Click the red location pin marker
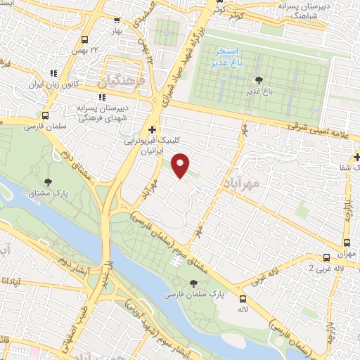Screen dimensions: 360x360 181,165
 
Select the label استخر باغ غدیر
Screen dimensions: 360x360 226,57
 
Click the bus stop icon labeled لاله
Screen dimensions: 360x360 243,299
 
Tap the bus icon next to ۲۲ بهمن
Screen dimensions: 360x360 85,39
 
